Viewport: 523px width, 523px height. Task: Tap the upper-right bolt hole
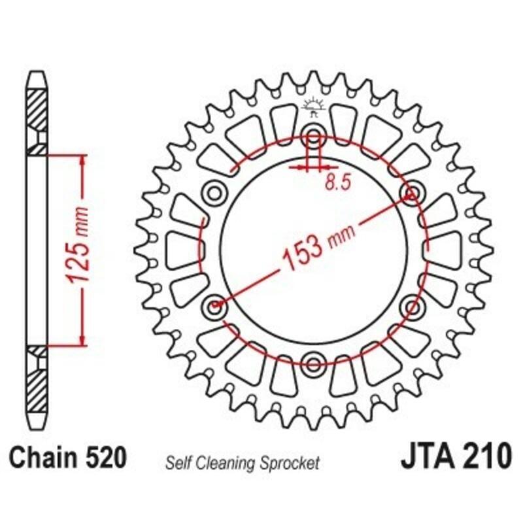click(x=412, y=193)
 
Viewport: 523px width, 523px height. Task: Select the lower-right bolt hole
click(x=412, y=305)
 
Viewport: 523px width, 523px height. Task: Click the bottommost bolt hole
click(x=313, y=362)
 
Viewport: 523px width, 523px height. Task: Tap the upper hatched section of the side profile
click(x=37, y=108)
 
